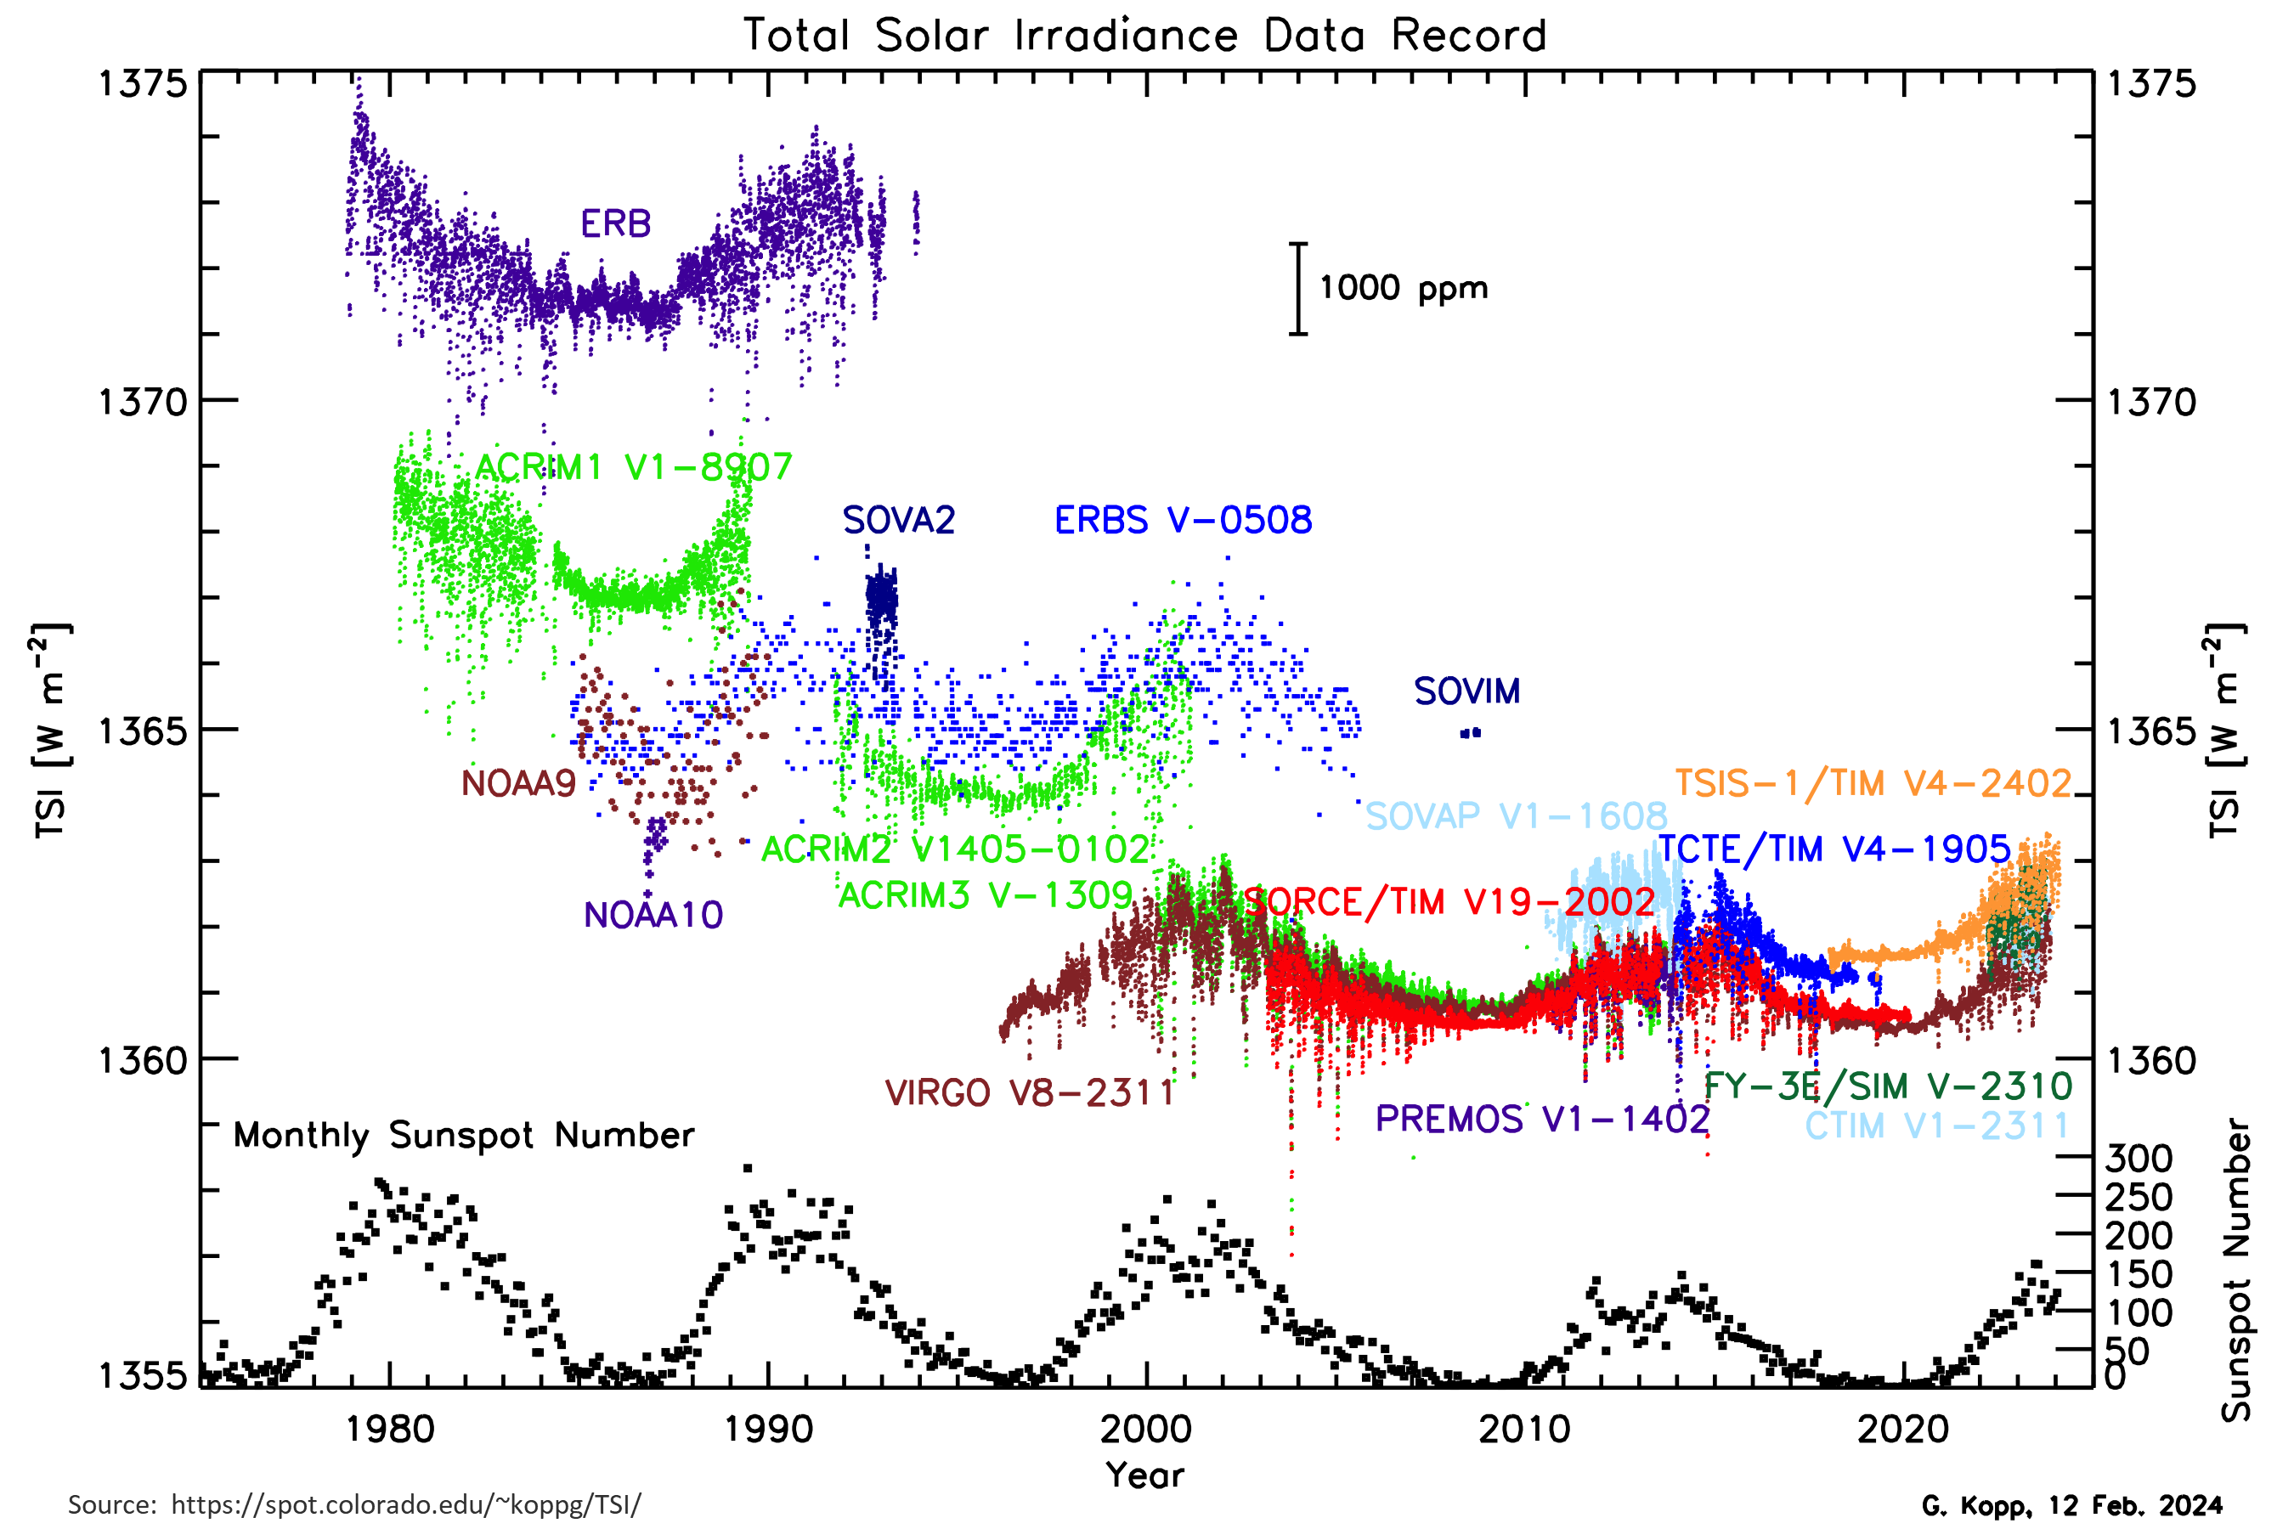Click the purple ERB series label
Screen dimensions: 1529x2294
point(615,224)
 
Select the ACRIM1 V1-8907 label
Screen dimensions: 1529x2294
point(633,468)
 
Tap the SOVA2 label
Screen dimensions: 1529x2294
point(898,521)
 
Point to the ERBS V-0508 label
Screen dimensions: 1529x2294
point(1183,521)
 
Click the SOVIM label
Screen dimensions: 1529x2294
point(1467,692)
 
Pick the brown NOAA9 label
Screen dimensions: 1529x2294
point(519,784)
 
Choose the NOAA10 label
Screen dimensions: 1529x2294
point(653,916)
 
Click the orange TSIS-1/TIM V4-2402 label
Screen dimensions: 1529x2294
point(1873,784)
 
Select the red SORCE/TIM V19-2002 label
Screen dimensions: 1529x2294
point(1449,903)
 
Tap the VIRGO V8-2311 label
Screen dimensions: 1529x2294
point(1030,1093)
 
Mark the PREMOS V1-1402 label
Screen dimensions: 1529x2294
point(1542,1120)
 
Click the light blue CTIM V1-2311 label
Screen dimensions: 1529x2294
point(1936,1126)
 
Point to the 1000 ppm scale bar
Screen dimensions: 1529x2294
point(1298,289)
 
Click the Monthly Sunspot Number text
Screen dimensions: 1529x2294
point(463,1136)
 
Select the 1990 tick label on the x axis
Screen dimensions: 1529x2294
point(769,1430)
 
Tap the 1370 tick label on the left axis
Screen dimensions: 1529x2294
point(143,402)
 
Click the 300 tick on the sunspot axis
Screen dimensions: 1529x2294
point(2138,1159)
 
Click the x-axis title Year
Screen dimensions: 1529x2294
point(1144,1475)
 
